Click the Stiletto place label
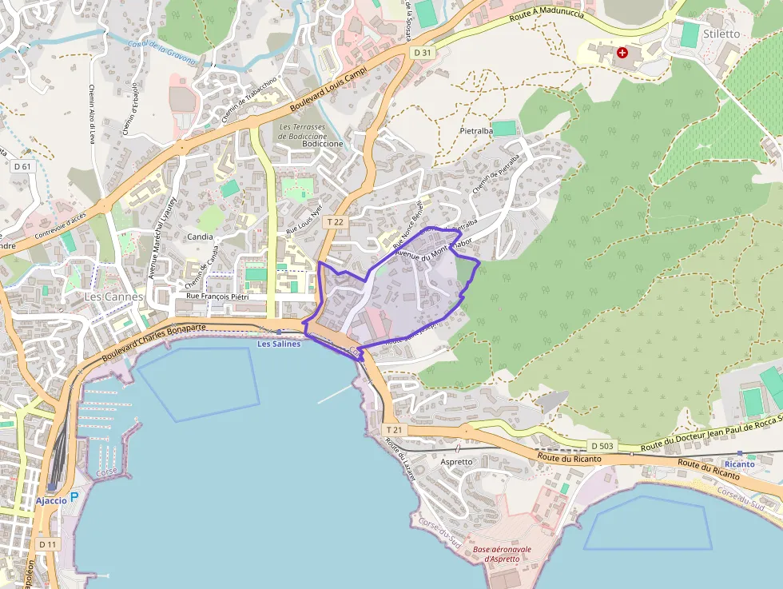(x=721, y=34)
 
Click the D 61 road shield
(x=22, y=166)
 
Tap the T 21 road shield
(x=391, y=430)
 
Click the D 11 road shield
(x=48, y=544)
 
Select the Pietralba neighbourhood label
(x=476, y=129)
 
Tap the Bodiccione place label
(x=323, y=144)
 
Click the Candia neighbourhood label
(x=200, y=237)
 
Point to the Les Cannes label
(x=113, y=296)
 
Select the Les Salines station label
(x=279, y=344)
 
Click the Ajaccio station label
(x=50, y=500)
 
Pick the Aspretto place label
(x=457, y=462)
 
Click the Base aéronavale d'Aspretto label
(x=496, y=554)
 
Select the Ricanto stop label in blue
(x=739, y=464)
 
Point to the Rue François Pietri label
(x=217, y=296)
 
